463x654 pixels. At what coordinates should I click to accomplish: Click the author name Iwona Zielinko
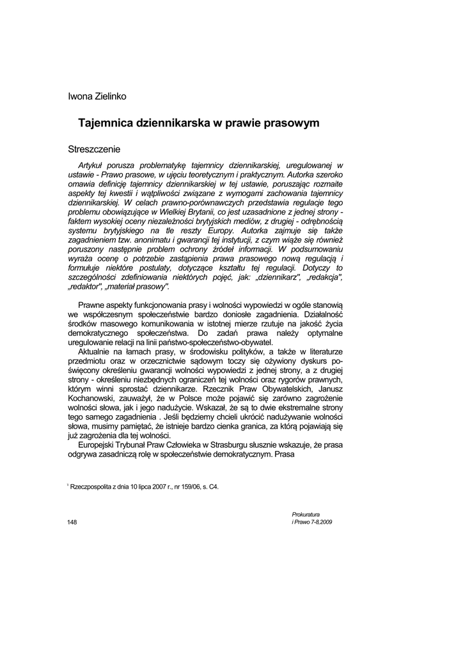(97, 96)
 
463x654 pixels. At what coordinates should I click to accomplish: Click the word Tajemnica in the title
(105, 122)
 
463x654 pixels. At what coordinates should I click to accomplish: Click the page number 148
(72, 522)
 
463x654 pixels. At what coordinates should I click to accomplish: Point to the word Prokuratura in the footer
(305, 514)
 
